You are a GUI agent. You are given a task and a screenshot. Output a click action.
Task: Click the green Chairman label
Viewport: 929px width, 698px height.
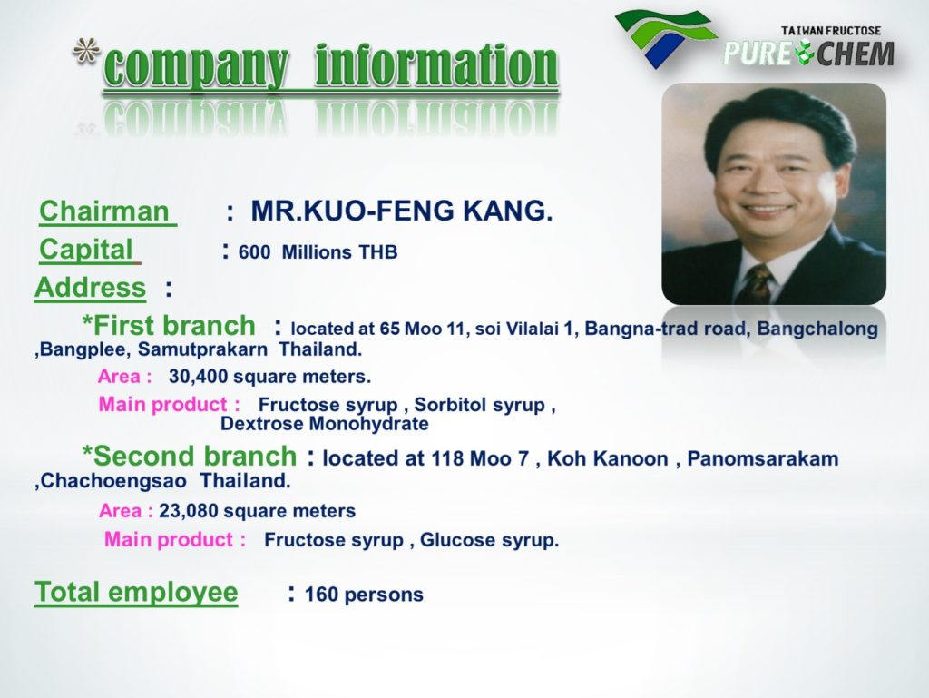tap(104, 211)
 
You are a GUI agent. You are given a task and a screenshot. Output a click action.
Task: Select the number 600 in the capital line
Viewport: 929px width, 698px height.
tap(254, 251)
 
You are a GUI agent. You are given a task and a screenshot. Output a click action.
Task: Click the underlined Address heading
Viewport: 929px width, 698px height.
tap(90, 288)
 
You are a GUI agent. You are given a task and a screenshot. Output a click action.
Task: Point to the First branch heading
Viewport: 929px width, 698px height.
tap(168, 325)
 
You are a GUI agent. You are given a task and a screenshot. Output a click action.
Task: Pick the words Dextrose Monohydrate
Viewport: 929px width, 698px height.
tap(325, 424)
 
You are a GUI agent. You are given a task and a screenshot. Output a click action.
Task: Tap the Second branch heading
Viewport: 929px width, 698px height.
tap(189, 457)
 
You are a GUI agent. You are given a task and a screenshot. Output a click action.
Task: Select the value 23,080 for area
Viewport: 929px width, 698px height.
tap(189, 511)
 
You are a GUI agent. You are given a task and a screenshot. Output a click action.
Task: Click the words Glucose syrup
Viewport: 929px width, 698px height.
tap(489, 540)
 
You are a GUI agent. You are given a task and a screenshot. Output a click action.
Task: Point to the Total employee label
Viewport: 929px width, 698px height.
tap(136, 592)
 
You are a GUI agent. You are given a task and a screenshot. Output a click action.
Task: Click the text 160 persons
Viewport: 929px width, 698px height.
tap(364, 595)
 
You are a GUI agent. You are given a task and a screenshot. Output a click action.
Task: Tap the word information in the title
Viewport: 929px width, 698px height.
tap(436, 65)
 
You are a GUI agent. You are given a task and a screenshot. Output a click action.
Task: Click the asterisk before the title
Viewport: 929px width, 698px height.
tap(86, 52)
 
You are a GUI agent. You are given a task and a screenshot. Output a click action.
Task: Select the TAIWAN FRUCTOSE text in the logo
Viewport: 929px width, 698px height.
tap(831, 31)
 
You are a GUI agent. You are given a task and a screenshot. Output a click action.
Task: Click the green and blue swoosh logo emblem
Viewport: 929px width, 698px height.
tap(665, 36)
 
